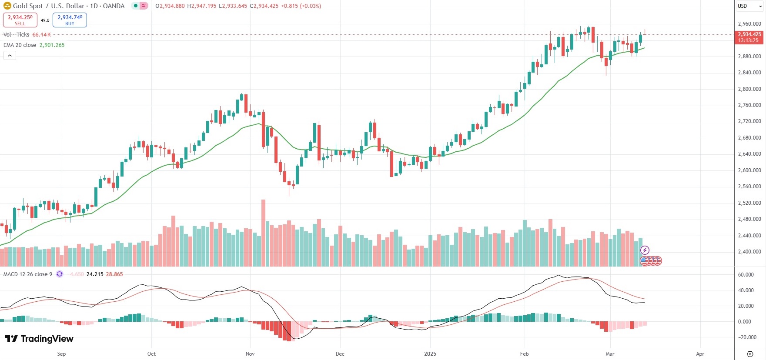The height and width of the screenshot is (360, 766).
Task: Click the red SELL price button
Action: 20,20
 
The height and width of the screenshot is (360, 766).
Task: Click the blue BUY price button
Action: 70,20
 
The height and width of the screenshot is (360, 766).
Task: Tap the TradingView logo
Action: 39,339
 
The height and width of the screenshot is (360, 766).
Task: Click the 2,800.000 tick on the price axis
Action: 749,89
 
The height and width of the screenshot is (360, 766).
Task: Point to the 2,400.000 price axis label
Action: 749,252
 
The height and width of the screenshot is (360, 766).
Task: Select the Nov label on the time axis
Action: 250,354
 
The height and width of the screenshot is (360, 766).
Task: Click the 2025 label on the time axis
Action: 430,354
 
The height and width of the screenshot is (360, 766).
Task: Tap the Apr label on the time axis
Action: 700,354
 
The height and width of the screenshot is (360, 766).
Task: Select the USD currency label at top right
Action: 743,6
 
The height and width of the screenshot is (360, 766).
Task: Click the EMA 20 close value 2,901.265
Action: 52,45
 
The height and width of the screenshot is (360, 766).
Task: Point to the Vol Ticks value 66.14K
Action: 41,35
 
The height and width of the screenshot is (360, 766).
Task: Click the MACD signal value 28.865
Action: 114,274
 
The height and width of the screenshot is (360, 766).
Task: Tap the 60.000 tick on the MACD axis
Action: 746,275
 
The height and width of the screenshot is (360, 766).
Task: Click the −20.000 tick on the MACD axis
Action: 746,337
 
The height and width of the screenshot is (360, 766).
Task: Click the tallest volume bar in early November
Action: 263,233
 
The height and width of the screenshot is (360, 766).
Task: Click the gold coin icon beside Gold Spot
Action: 7,6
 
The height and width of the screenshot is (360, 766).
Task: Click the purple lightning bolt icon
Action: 645,250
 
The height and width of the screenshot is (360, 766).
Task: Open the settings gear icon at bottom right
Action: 750,354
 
